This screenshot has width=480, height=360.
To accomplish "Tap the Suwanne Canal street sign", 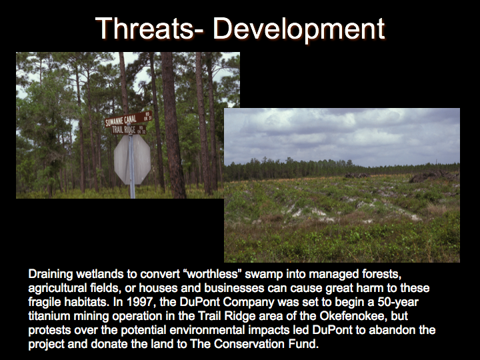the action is pos(129,119).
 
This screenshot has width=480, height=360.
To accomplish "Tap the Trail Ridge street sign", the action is pos(129,130).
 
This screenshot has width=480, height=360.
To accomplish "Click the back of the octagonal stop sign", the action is pos(132,159).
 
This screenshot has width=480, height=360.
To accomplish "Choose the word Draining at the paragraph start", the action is pos(51,274).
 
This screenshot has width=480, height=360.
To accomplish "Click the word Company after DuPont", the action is pos(248,302).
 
